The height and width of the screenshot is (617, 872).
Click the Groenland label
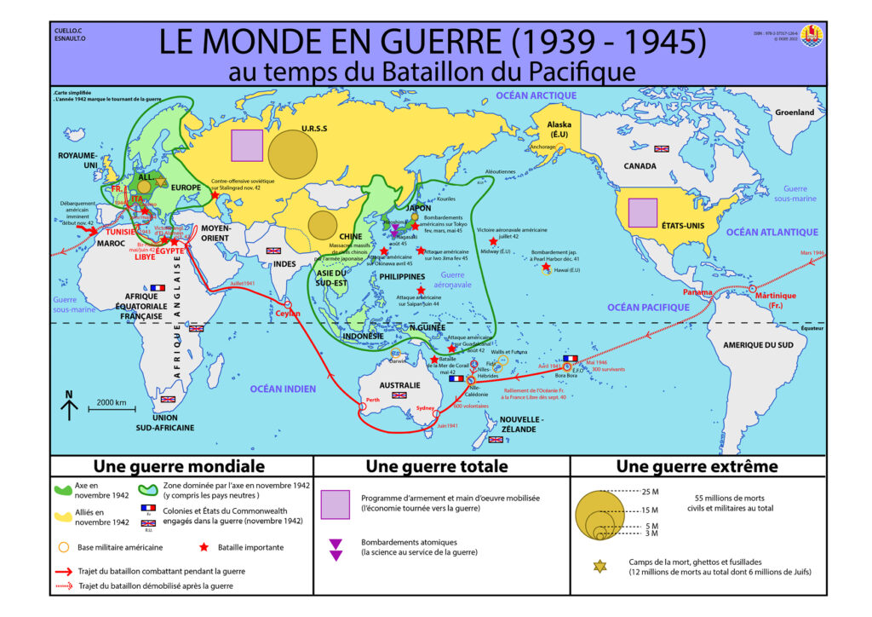(794, 112)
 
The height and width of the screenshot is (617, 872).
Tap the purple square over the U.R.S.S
(247, 145)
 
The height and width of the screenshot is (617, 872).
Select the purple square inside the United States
(642, 212)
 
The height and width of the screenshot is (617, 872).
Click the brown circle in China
(322, 224)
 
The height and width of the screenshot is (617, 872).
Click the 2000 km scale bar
(112, 410)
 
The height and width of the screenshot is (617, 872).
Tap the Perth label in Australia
(372, 400)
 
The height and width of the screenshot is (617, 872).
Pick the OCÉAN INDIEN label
(283, 389)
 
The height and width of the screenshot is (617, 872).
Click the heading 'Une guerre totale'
(436, 466)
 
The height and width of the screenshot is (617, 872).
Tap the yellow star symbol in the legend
(599, 566)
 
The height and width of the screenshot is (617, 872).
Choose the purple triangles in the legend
(336, 550)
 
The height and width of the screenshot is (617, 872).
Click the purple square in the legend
(336, 504)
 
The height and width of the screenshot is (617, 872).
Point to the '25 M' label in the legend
(651, 492)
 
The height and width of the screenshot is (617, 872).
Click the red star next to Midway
(493, 242)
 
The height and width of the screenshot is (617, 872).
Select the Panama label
(697, 292)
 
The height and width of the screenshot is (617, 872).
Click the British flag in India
(273, 251)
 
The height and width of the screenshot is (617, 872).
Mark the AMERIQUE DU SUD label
(757, 344)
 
